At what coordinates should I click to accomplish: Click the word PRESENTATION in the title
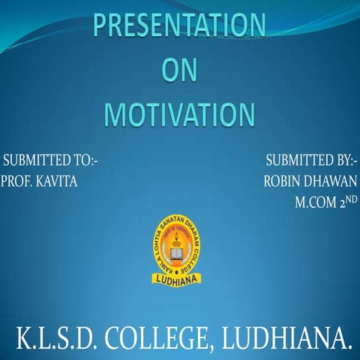pos(179,27)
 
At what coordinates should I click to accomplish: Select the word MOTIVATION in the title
pos(179,115)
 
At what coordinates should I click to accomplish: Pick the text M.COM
pos(316,202)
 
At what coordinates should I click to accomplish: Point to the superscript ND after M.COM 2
pos(352,199)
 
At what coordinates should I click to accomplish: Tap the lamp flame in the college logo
pos(179,239)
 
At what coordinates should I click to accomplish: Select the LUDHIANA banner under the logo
pos(179,279)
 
